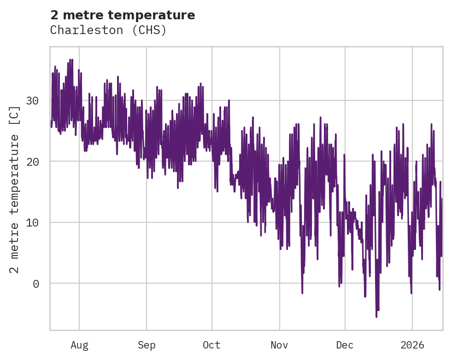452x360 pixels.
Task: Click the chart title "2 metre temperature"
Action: point(123,15)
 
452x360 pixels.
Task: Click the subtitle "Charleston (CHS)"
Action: point(108,30)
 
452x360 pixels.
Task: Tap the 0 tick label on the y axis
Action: point(36,284)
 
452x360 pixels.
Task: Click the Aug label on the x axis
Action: point(79,345)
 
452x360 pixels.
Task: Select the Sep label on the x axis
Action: point(147,345)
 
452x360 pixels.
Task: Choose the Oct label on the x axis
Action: point(212,345)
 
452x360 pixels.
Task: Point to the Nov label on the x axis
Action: point(279,345)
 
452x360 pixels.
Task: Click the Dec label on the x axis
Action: point(345,345)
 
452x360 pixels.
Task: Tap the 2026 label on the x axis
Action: point(412,345)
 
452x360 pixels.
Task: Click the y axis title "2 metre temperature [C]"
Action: point(15,189)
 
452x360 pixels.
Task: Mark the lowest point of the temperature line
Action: point(376,317)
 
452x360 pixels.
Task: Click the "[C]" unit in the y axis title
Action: point(15,116)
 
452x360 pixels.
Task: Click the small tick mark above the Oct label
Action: point(212,332)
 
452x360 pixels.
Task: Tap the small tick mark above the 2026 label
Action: point(412,332)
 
